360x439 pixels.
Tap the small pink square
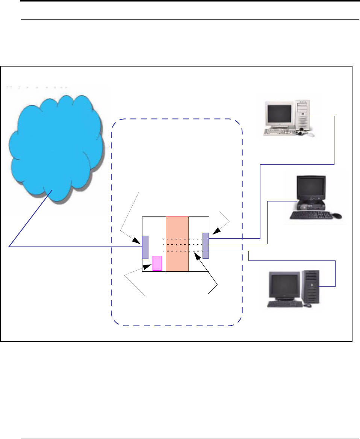pyautogui.click(x=157, y=263)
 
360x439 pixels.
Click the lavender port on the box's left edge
pyautogui.click(x=145, y=247)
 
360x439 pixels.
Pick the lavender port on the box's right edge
pyautogui.click(x=206, y=245)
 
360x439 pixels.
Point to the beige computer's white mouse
pyautogui.click(x=310, y=134)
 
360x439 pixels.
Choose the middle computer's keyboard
pyautogui.click(x=311, y=215)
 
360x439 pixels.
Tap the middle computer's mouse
pyautogui.click(x=337, y=216)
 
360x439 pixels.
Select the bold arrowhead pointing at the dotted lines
pyautogui.click(x=196, y=255)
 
